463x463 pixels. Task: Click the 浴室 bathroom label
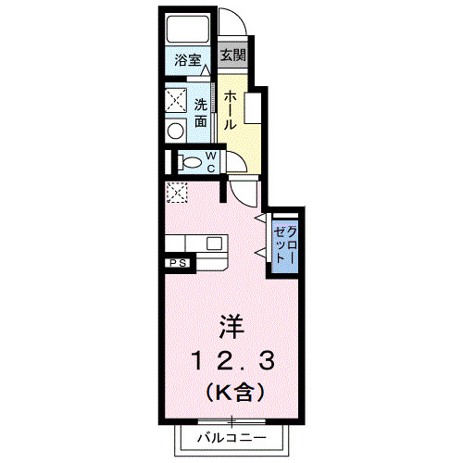click(x=189, y=61)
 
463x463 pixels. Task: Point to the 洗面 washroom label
click(x=201, y=112)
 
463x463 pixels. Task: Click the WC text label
click(x=211, y=162)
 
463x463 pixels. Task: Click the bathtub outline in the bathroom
click(x=189, y=31)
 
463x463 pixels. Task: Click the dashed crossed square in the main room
click(x=176, y=193)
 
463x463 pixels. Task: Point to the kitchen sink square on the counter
click(x=214, y=244)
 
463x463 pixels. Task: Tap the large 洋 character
click(x=231, y=328)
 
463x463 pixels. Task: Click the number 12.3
click(x=231, y=358)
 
